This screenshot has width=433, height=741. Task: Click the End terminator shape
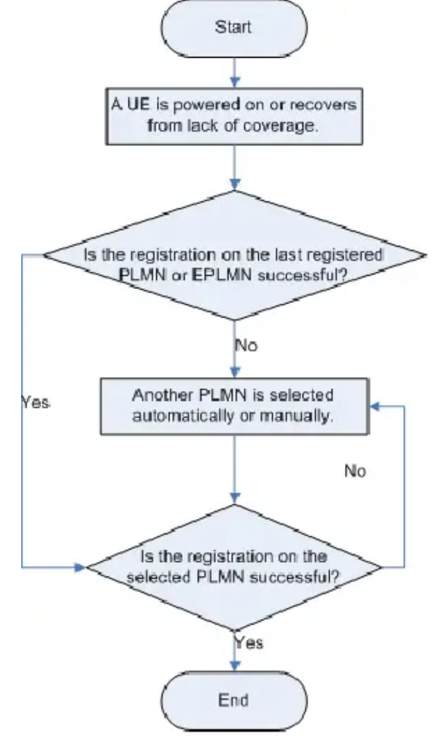(x=234, y=701)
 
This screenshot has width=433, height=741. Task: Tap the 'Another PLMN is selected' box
(x=234, y=405)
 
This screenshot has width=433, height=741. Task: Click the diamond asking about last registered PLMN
(x=234, y=255)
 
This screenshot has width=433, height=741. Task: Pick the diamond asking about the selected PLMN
(x=234, y=567)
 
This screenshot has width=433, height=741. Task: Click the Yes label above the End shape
(x=250, y=642)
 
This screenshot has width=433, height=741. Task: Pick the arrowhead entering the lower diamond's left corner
(x=81, y=567)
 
